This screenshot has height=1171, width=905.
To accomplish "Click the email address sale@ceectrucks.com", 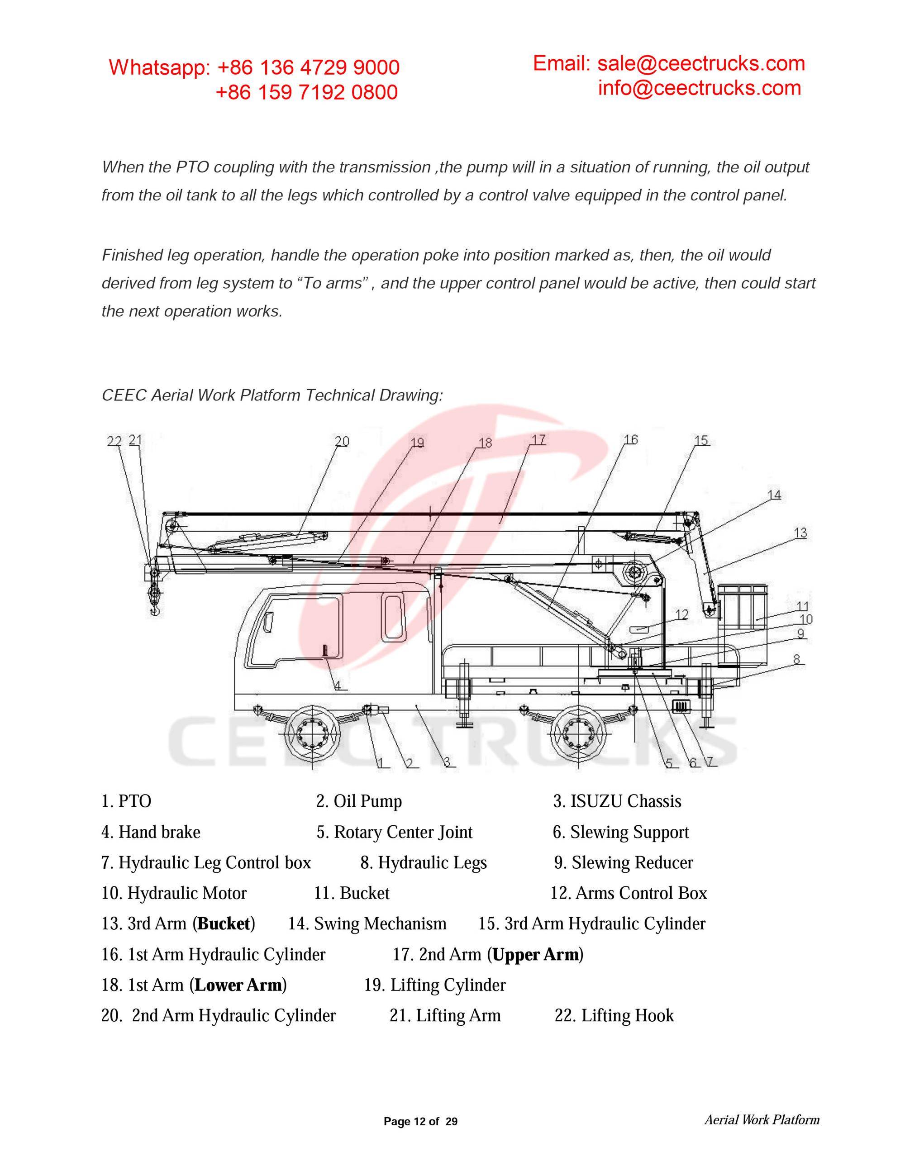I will pos(701,63).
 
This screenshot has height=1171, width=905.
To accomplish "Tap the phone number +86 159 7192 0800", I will pos(306,92).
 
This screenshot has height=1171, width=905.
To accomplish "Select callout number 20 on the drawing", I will pos(342,441).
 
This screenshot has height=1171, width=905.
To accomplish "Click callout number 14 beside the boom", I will pos(774,495).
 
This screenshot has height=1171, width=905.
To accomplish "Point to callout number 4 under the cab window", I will pos(338,685).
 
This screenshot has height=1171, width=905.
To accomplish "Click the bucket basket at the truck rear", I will pos(742,606).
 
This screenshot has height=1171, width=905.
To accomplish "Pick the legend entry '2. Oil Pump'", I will pos(359,801).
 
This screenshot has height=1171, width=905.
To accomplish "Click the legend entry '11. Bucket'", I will pos(351,893).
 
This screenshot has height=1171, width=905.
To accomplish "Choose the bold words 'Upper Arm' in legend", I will pos(535,954).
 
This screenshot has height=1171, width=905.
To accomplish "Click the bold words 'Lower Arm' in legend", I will pos(238,985).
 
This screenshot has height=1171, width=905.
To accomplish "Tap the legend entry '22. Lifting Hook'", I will pos(614,1015).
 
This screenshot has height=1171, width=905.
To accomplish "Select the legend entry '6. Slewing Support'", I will pos(620,832).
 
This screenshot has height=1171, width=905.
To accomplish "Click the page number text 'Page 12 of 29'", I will pos(420,1122).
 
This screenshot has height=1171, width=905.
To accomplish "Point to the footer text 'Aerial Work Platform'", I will pos(761,1120).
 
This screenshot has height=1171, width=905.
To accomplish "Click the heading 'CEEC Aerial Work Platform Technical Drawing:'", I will pos(272,395).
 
